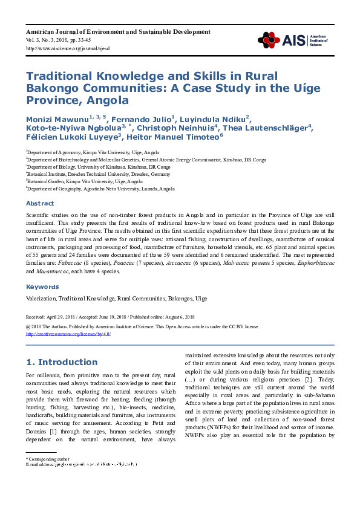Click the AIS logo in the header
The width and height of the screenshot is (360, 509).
coord(293,40)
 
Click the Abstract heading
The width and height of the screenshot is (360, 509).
coord(40,204)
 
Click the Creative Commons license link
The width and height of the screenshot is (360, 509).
coord(68,334)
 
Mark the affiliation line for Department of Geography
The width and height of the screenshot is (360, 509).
coord(101,189)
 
